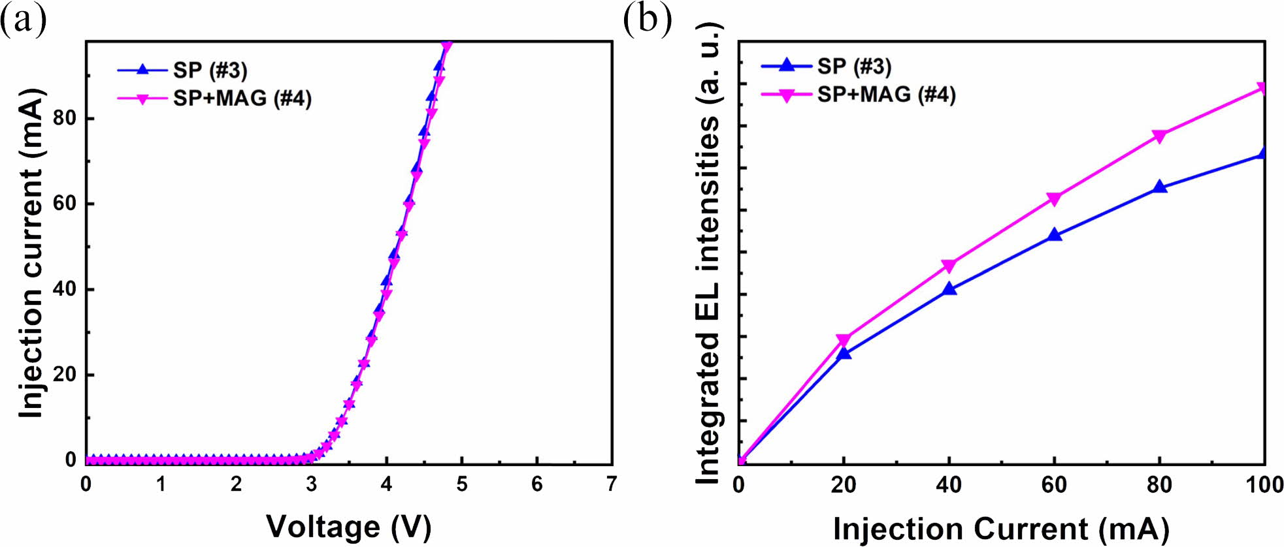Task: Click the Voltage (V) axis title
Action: (348, 527)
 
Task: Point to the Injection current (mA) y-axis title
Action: (31, 253)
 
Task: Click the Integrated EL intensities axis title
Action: (708, 255)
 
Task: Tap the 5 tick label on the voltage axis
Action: (461, 484)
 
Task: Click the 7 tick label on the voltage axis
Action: (611, 484)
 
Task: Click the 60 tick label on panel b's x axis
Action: (1054, 485)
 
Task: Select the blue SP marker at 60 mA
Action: (1054, 234)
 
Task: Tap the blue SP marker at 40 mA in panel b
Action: (949, 289)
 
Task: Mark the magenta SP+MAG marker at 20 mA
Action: (844, 340)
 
